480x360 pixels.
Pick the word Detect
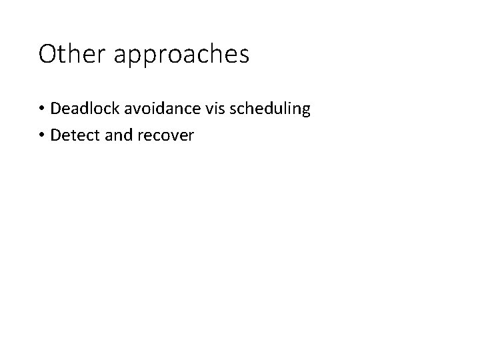[x=71, y=135]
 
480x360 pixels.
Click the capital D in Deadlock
[x=55, y=108]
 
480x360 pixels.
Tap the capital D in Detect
[x=55, y=135]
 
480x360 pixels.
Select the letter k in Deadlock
[x=110, y=108]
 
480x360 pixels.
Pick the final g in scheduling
[x=305, y=111]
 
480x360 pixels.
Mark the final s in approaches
[x=243, y=55]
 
